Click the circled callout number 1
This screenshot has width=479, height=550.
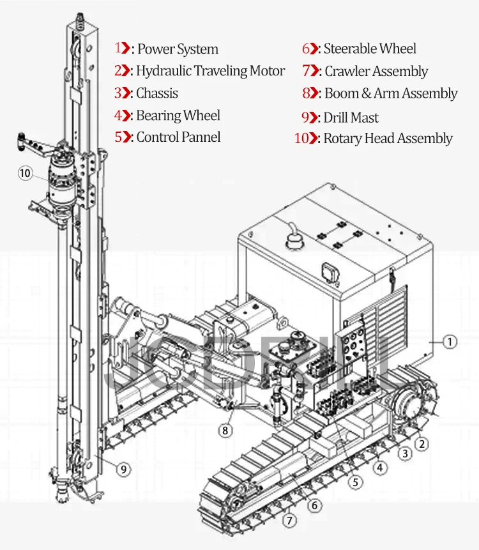(450, 342)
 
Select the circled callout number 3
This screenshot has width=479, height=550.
(404, 454)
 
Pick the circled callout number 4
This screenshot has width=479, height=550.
(380, 468)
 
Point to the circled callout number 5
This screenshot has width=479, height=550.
(356, 482)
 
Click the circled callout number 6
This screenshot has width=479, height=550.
(314, 505)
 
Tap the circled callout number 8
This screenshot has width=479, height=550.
(225, 431)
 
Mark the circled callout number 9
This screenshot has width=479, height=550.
(124, 469)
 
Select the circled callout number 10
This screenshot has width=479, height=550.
(25, 174)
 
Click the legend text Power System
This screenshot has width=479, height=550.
(178, 49)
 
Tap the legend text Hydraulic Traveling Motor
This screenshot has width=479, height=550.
(210, 71)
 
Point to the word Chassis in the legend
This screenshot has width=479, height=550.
(157, 93)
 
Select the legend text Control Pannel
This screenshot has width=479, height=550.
(178, 137)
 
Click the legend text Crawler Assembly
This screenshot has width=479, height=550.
(376, 72)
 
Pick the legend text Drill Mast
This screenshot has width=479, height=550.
(351, 118)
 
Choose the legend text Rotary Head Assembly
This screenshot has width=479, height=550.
(388, 139)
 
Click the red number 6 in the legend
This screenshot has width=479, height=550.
(306, 49)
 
